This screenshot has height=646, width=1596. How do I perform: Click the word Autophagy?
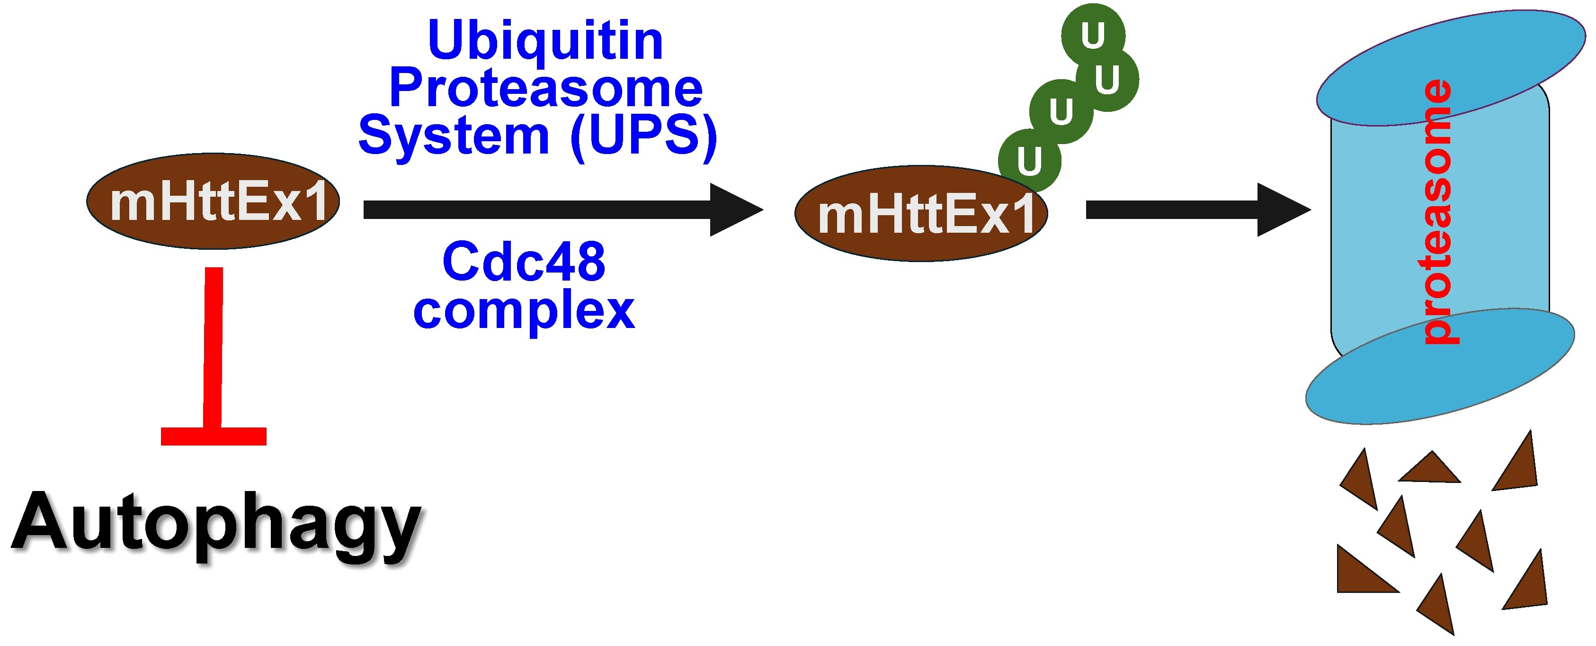(x=217, y=524)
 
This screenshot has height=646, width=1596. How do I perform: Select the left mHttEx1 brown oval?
(x=213, y=201)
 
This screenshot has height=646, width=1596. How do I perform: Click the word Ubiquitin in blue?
(x=545, y=41)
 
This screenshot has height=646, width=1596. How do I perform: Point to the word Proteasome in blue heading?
(x=545, y=88)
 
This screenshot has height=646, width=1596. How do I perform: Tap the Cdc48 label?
(x=524, y=262)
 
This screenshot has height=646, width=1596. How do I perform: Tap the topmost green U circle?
(x=1093, y=35)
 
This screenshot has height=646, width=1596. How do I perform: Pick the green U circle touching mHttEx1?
(x=1029, y=161)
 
